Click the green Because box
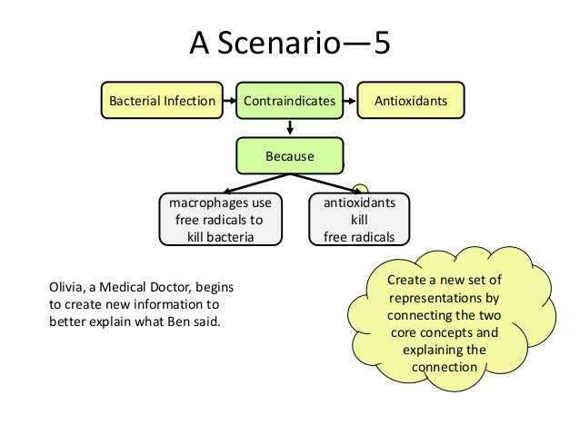(x=289, y=156)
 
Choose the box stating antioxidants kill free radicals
(x=359, y=221)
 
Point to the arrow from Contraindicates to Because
(x=289, y=129)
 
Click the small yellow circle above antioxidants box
(x=361, y=185)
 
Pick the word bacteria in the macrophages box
(x=232, y=237)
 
